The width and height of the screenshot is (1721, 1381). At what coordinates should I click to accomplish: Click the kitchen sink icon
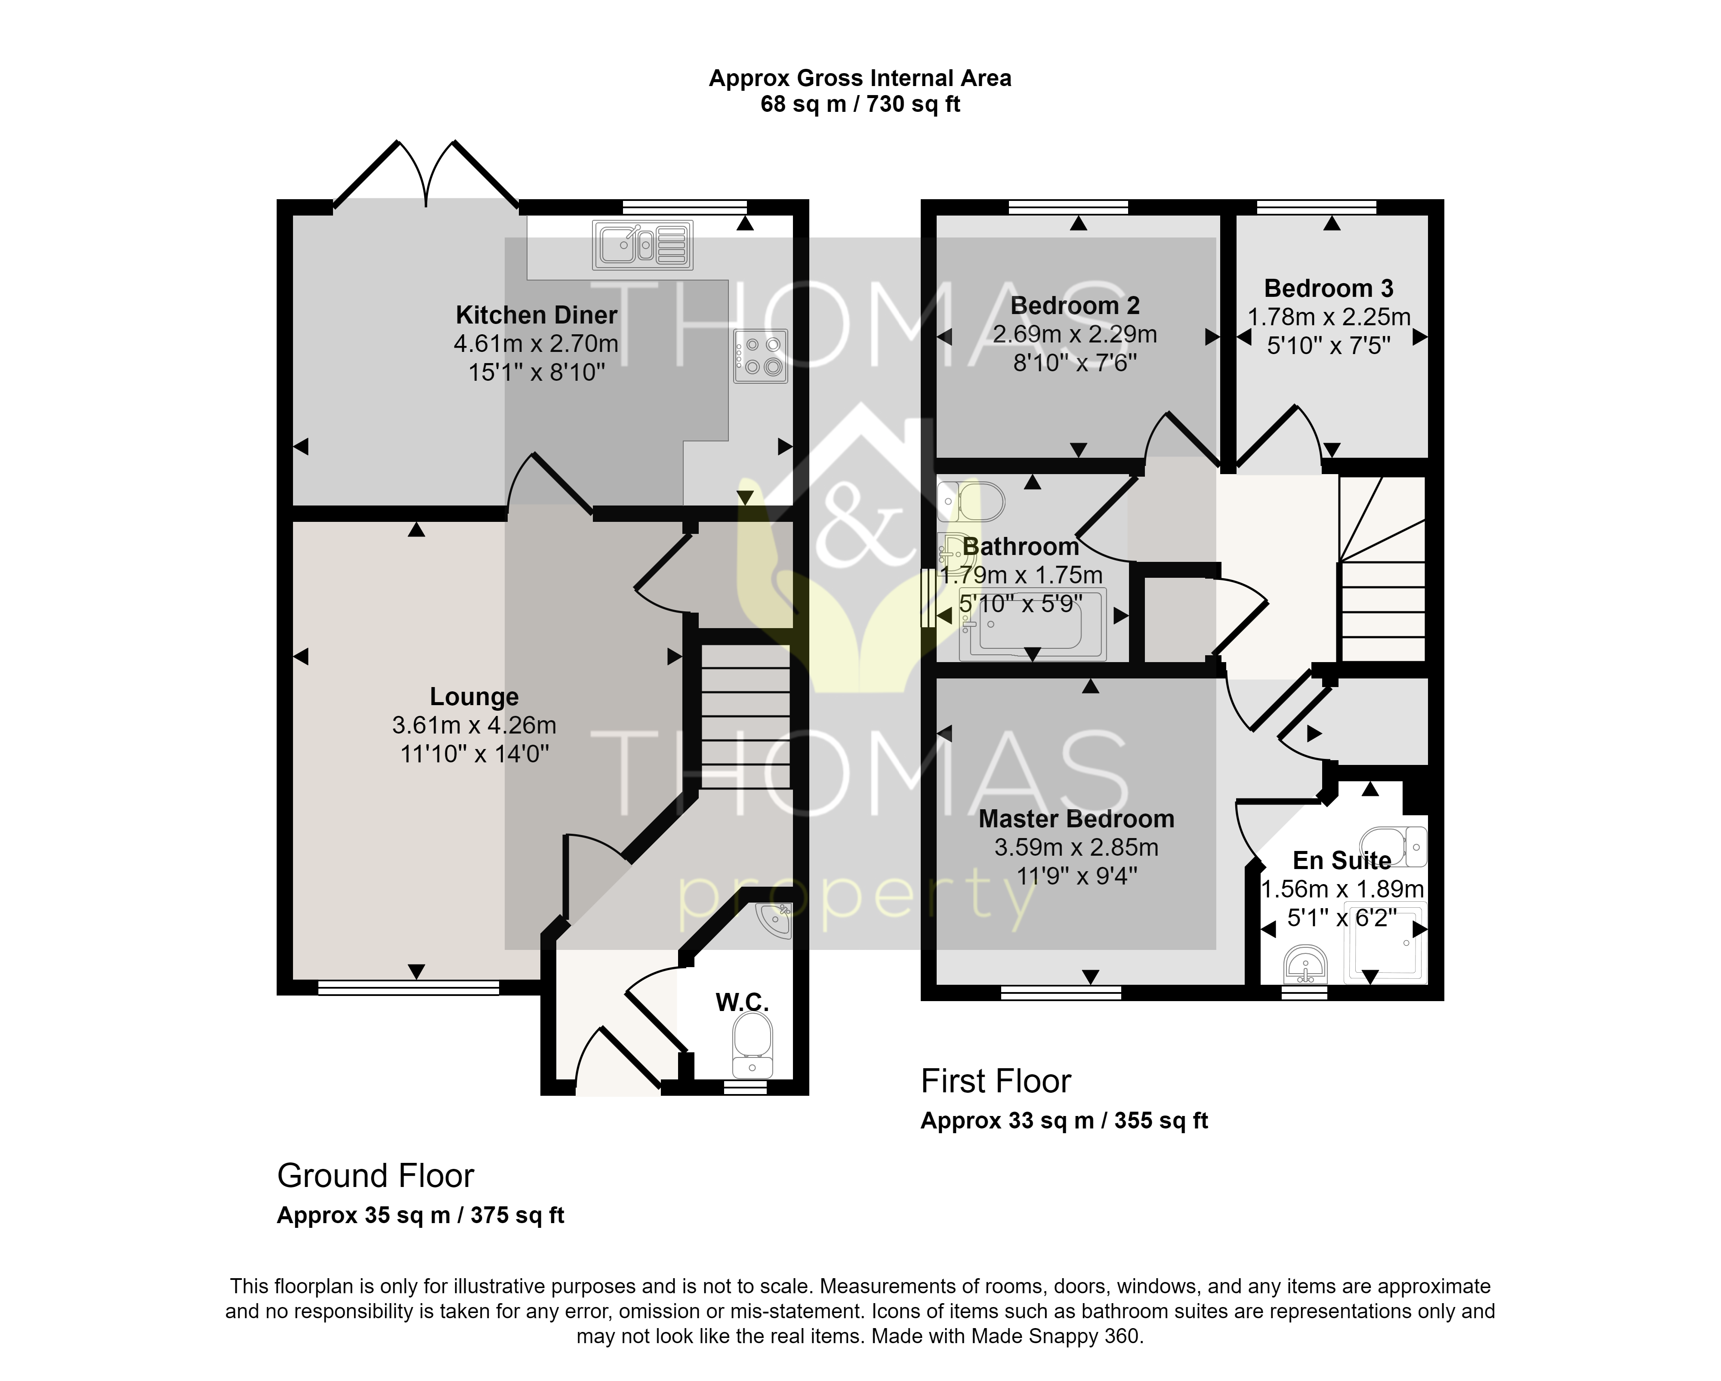(643, 245)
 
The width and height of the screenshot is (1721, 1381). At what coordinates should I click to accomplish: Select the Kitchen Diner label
(537, 315)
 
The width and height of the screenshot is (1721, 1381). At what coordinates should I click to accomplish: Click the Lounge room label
(474, 697)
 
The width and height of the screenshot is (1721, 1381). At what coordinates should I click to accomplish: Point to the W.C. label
(742, 1002)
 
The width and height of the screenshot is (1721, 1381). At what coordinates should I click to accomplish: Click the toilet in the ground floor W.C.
(752, 1046)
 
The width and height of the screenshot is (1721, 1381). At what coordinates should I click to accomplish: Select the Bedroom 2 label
(1075, 306)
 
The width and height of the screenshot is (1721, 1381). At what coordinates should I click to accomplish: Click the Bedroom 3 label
(1329, 288)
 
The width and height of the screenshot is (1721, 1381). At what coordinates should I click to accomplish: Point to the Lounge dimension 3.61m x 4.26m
(474, 726)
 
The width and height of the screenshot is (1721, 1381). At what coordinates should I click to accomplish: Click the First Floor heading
(996, 1082)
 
